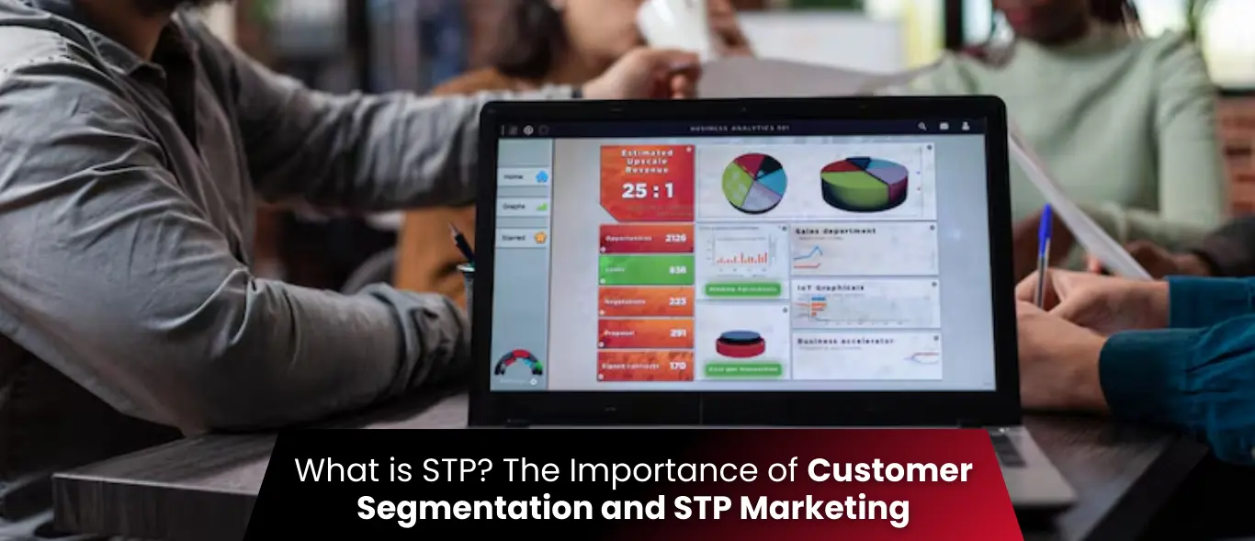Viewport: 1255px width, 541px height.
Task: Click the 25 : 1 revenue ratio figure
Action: coord(647,191)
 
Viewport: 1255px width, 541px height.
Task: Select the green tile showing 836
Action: coord(646,270)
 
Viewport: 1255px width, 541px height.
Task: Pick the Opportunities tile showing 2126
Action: coord(646,239)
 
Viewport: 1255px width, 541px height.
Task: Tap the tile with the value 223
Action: coord(646,301)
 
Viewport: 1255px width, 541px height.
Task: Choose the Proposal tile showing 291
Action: coord(646,333)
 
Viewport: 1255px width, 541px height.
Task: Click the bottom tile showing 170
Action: coord(646,366)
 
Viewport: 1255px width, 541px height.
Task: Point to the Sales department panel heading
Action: coord(836,231)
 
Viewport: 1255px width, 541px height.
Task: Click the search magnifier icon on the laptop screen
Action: coord(921,127)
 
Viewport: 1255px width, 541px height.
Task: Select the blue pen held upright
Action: coord(1043,253)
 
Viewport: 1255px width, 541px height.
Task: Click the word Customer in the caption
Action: coord(889,471)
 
